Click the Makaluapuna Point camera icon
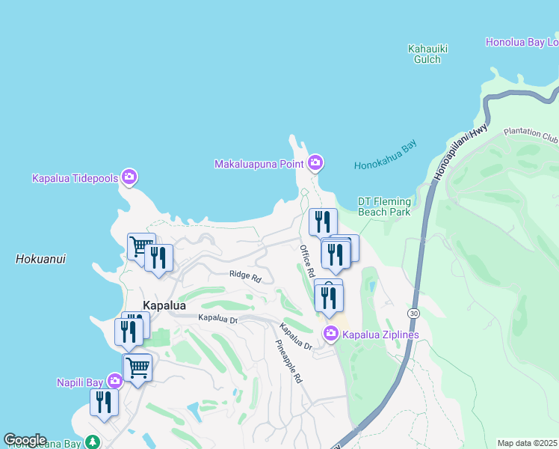[x=315, y=162]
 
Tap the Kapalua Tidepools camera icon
[x=129, y=177]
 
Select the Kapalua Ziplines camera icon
[x=330, y=333]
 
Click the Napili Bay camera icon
[x=114, y=382]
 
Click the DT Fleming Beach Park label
[x=384, y=207]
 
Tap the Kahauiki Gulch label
[x=428, y=54]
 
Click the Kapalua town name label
[x=164, y=306]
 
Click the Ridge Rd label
[x=245, y=277]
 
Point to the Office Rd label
[x=306, y=260]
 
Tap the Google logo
[x=25, y=440]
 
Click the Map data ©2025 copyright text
[x=526, y=443]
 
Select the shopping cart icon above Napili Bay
[x=138, y=367]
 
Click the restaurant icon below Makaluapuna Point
[x=323, y=222]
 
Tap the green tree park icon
[x=92, y=442]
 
